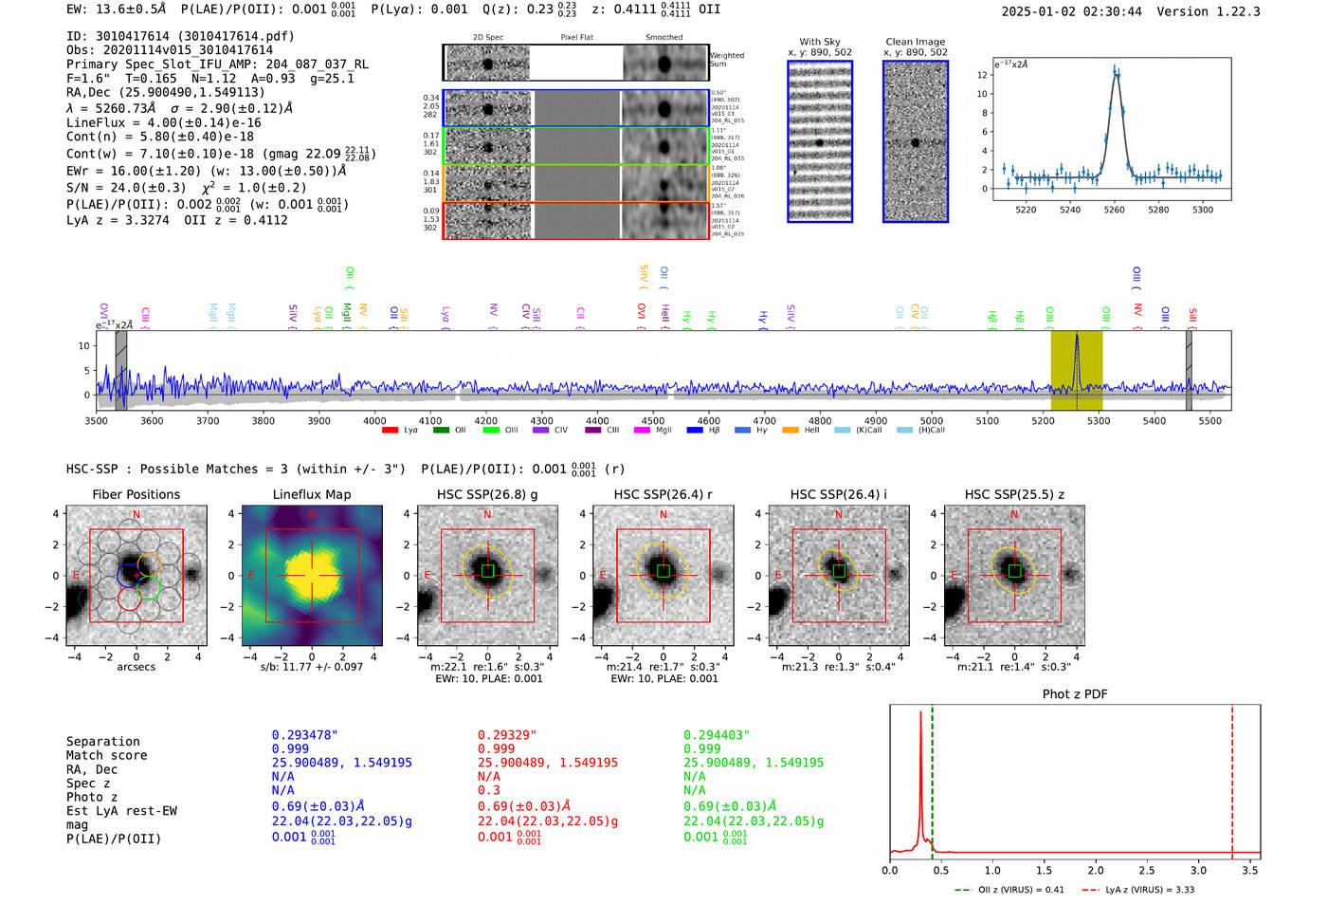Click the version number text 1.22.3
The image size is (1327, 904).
coord(1230,11)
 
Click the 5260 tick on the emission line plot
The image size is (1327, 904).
coord(1114,210)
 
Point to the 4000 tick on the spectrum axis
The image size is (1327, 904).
coord(374,420)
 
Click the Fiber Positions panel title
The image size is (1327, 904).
coord(136,494)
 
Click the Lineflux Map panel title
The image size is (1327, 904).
coord(312,494)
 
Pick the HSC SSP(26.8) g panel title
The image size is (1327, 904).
coord(487,494)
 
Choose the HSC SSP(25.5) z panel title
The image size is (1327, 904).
coord(1014,494)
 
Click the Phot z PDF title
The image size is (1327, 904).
coord(1075,694)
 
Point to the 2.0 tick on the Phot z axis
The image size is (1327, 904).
coord(1096,870)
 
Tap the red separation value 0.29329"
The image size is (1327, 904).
coord(507,735)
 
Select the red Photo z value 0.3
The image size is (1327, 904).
coord(488,790)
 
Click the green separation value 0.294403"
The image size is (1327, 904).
coord(717,735)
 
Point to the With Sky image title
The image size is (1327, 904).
coord(819,42)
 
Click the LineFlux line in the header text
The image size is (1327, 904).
coord(163,122)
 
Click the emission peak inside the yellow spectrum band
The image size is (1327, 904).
coord(1076,338)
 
